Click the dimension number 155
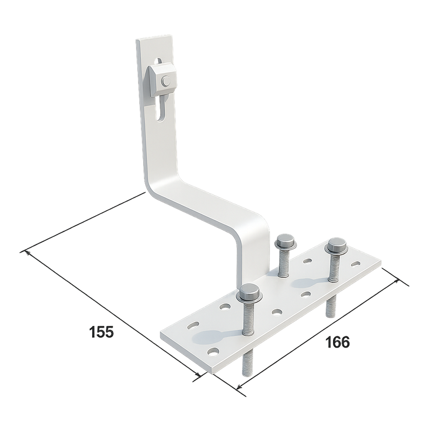click(102, 332)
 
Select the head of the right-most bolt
click(336, 246)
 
